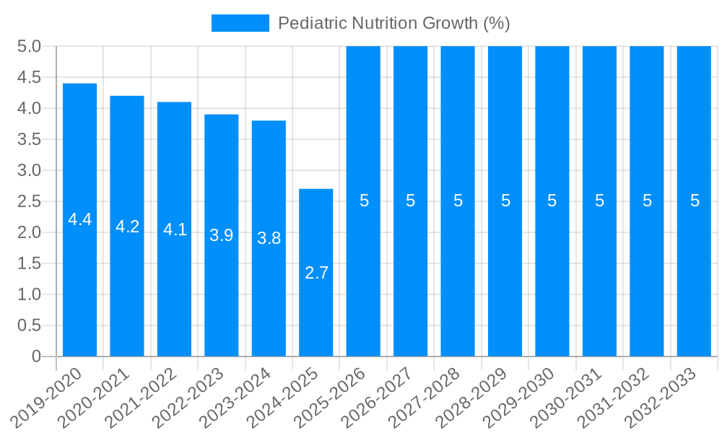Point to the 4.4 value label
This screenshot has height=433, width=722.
click(79, 220)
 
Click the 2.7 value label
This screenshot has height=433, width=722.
click(316, 273)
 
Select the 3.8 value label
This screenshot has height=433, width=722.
click(269, 238)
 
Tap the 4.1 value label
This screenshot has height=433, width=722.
click(174, 229)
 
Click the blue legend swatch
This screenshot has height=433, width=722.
click(240, 23)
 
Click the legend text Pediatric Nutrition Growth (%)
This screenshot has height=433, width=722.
click(393, 23)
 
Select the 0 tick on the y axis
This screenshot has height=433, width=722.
click(36, 357)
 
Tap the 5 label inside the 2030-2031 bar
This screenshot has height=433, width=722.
click(599, 201)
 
